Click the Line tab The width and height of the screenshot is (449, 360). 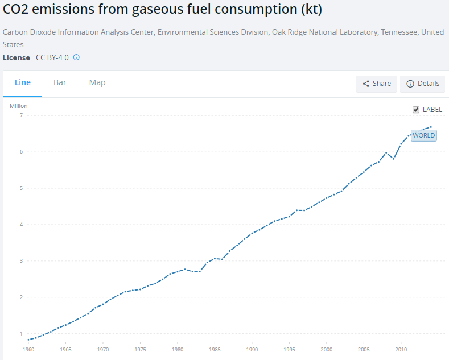click(23, 82)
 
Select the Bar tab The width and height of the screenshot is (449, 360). click(60, 82)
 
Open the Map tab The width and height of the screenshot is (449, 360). click(97, 82)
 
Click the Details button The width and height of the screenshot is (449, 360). click(422, 84)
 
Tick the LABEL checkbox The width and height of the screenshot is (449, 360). click(416, 110)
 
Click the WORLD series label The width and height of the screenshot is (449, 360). click(423, 135)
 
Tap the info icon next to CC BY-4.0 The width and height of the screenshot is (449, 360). click(76, 57)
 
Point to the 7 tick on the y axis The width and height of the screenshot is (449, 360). click(21, 115)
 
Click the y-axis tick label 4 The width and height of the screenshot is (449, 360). click(21, 225)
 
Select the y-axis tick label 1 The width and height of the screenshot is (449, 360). click(21, 334)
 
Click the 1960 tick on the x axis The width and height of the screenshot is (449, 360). click(28, 349)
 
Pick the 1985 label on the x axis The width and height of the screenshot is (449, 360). click(215, 349)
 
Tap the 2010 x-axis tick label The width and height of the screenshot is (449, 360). click(401, 349)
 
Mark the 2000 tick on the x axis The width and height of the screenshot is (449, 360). click(327, 349)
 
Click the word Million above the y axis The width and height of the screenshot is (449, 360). click(19, 106)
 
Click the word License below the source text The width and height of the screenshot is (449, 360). click(17, 57)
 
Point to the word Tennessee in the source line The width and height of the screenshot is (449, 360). click(398, 32)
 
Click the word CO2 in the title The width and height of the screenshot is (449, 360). click(17, 10)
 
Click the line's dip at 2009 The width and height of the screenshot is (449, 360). click(393, 159)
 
